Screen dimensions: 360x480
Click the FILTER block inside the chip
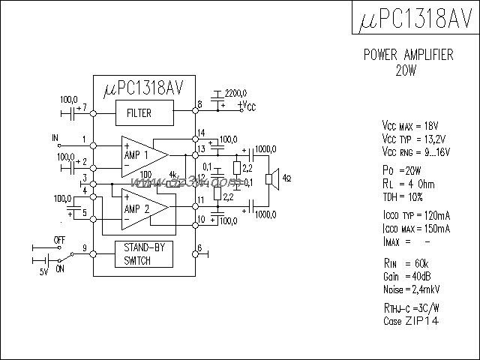point(138,113)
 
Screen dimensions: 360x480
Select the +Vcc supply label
point(246,106)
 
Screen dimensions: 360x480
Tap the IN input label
point(54,138)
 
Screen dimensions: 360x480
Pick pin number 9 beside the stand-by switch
point(85,247)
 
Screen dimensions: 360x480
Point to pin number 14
point(200,133)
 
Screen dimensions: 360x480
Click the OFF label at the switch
point(59,239)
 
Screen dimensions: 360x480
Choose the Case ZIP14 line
point(410,321)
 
